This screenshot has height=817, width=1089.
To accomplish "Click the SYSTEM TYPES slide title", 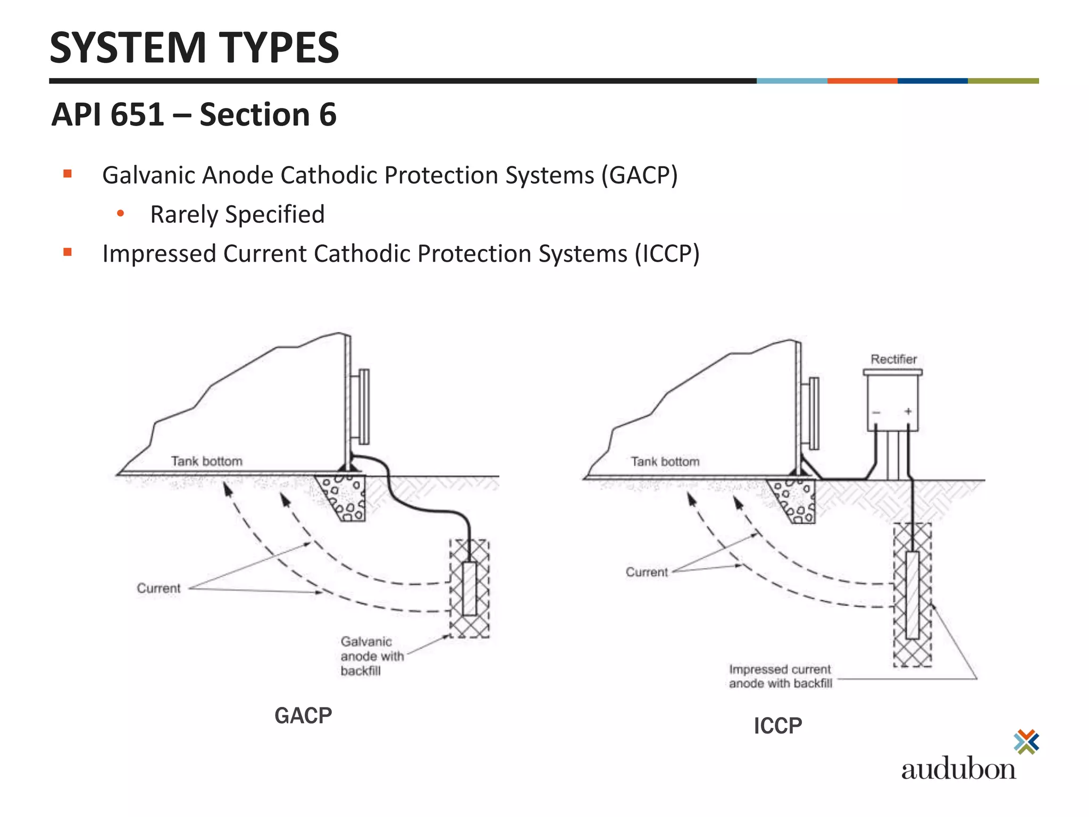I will point(194,48).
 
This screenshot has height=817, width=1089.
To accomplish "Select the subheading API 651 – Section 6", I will point(194,114).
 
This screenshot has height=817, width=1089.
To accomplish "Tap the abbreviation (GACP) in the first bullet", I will point(640,176).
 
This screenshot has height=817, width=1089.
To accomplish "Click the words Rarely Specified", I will point(237,214).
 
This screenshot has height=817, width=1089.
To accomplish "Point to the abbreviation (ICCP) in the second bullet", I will point(667,254).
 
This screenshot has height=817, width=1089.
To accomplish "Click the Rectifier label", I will point(893,359).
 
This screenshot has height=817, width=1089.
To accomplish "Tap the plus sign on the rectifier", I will point(908,411).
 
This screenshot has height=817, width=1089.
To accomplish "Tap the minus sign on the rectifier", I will point(876,412).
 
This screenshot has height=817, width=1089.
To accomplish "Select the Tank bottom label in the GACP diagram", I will point(206,461).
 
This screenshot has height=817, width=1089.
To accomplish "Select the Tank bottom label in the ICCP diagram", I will point(665,462).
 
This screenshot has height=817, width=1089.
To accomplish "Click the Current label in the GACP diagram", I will point(158,588).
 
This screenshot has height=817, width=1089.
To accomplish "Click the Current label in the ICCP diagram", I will point(647,572).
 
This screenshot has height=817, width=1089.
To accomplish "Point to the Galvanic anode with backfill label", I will point(371,656).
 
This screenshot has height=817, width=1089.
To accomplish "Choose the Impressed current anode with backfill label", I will point(780,676).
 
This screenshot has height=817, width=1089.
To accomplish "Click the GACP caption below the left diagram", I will point(303,715).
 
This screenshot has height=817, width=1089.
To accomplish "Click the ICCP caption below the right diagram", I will point(777,726).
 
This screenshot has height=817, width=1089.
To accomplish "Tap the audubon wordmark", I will point(958,769).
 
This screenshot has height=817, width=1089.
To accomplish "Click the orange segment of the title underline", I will point(862,81).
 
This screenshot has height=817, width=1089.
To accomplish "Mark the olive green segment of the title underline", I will point(1003,81).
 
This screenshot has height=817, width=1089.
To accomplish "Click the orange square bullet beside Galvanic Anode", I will point(68,173).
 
